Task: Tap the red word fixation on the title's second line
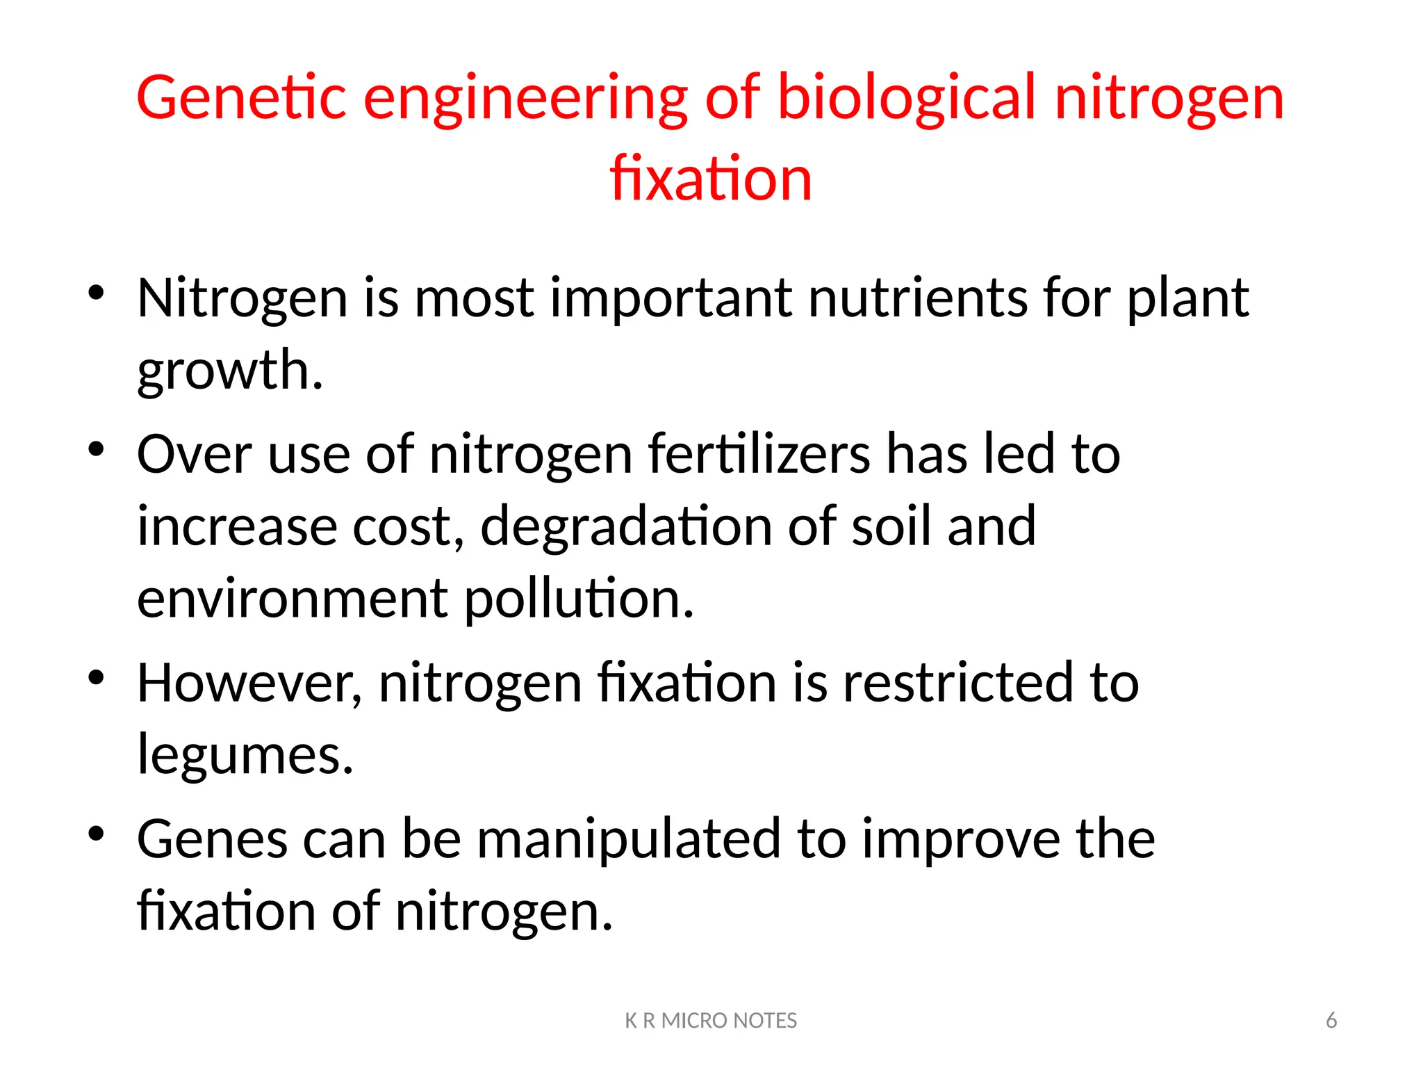click(x=711, y=179)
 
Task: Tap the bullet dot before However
click(x=96, y=677)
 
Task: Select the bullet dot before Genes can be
click(x=96, y=834)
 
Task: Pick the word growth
click(x=229, y=371)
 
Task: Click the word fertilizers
click(x=759, y=455)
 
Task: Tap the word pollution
click(x=578, y=599)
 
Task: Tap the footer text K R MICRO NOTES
click(x=711, y=1021)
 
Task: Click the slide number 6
click(x=1331, y=1021)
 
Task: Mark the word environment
click(x=292, y=599)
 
